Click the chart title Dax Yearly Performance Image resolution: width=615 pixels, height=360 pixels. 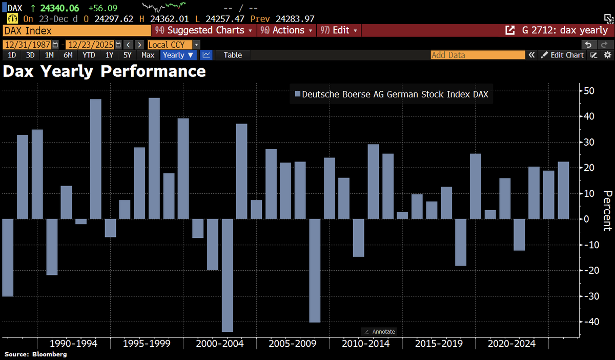104,71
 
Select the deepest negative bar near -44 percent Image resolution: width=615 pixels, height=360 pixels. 227,275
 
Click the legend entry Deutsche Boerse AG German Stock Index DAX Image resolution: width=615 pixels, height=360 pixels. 395,94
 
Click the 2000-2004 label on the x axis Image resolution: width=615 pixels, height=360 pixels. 219,344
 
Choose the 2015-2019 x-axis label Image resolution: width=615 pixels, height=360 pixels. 438,344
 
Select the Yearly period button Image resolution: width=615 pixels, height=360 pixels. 178,55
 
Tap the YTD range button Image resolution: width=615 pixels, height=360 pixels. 89,55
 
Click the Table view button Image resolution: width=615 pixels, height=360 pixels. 233,55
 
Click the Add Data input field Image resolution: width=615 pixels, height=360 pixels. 477,55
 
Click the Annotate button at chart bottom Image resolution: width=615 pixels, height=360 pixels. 380,332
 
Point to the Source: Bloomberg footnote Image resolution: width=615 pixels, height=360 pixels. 36,354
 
